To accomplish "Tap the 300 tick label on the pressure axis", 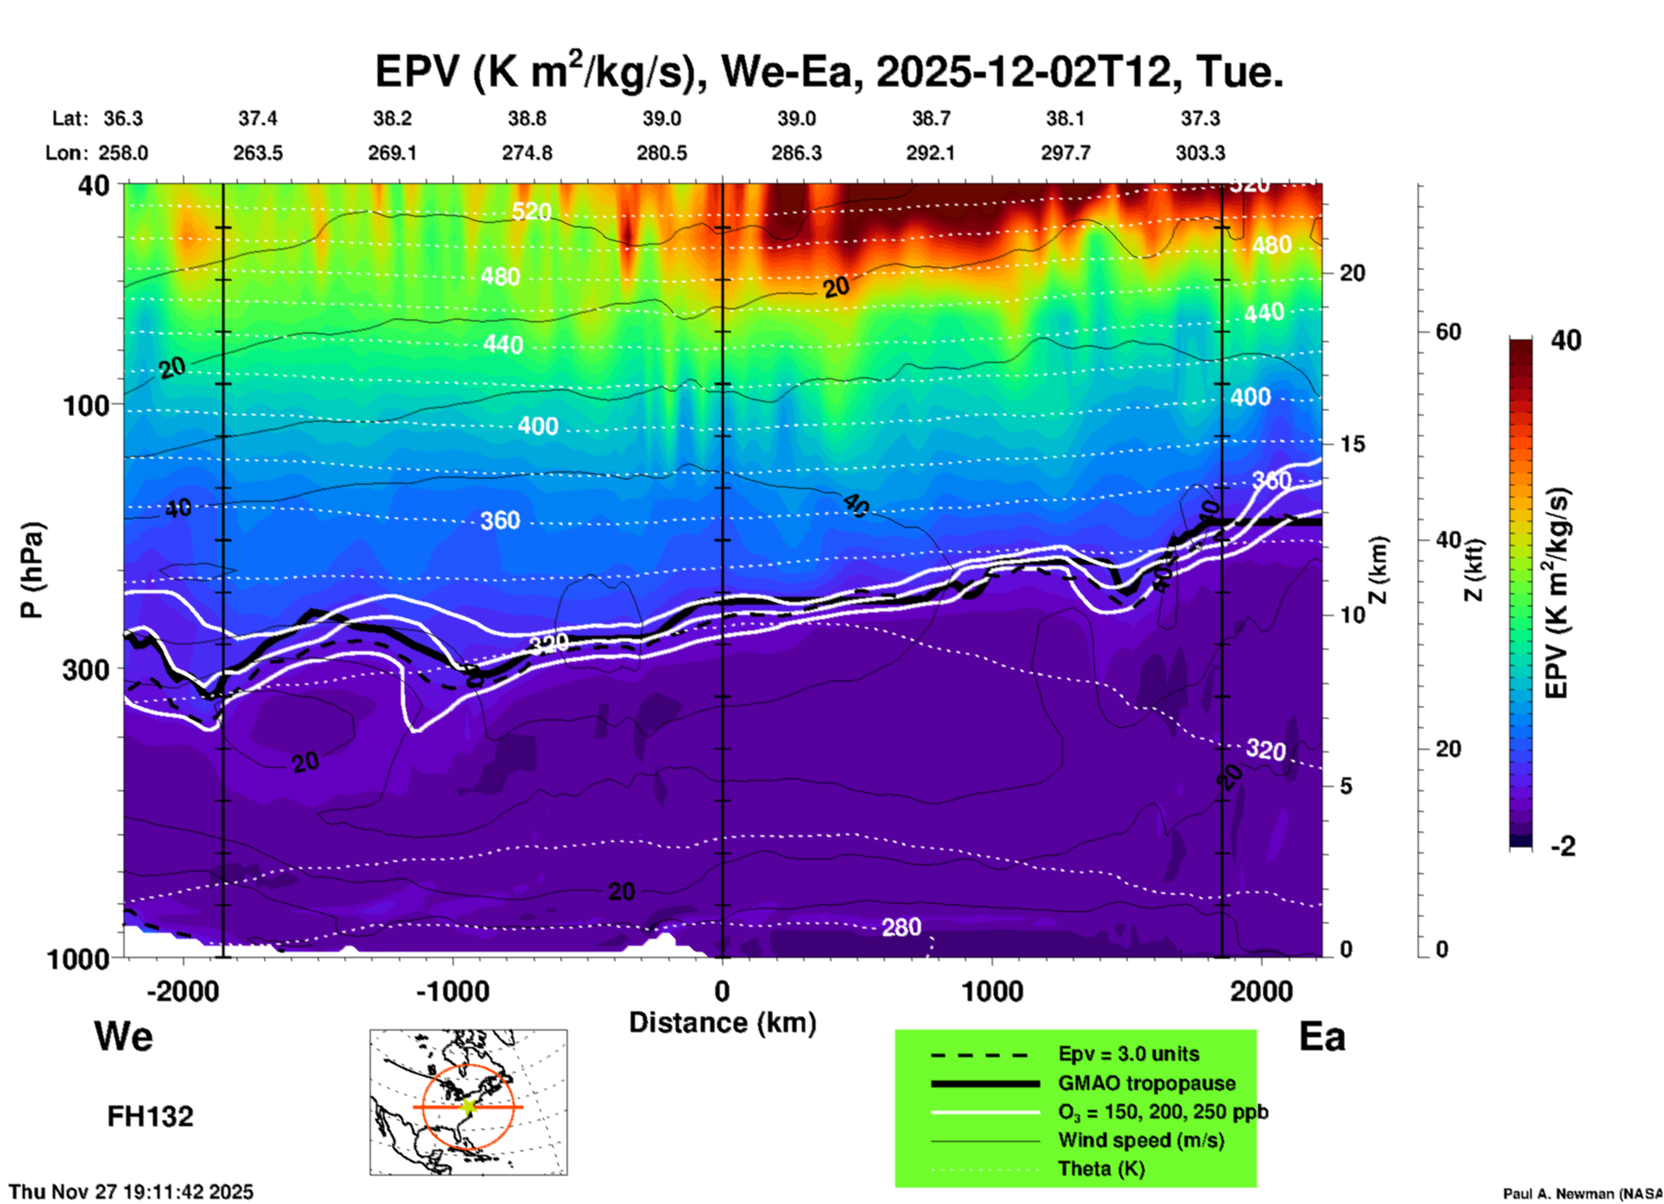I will coord(86,669).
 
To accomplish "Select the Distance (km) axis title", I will coord(722,1023).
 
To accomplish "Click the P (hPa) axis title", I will coord(32,569).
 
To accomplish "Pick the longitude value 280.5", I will coord(662,153).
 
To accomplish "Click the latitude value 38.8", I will coord(527,118).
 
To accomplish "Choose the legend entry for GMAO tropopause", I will coord(1146,1083).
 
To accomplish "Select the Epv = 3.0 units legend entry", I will coord(1128,1054).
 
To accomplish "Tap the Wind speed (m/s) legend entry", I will coord(1140,1140).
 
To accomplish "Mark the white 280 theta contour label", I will coord(901,928).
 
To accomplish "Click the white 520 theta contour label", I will coord(530,212).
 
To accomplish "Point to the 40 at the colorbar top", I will coord(1566,340).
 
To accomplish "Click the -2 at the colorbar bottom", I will coord(1563,846).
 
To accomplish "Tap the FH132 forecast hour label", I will coord(150,1117).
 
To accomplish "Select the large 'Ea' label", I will coord(1322,1036).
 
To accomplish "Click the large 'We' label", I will coord(124,1036).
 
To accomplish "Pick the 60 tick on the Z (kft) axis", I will coord(1447,332).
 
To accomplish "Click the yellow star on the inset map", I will coord(468,1106).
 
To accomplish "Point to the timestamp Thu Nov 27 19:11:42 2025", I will coord(131,1192).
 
